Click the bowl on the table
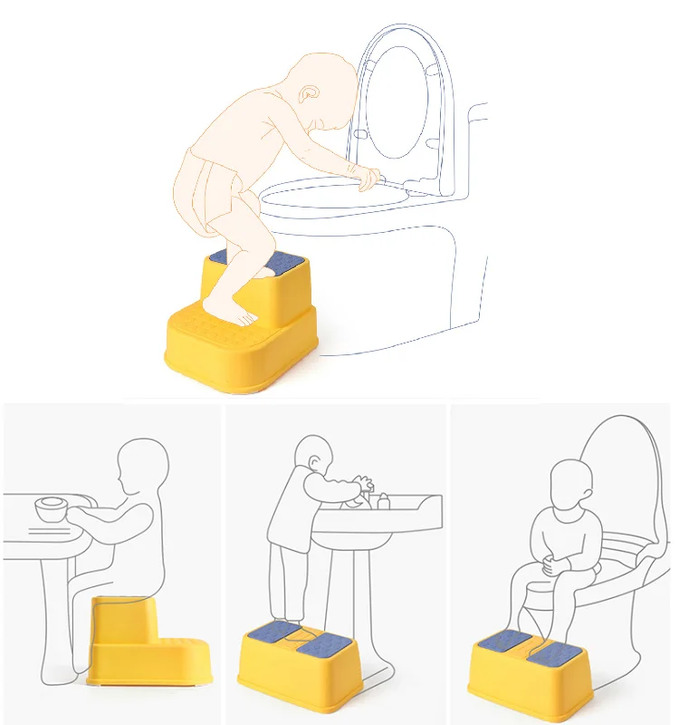(51, 510)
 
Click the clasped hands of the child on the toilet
(552, 567)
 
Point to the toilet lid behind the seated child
(625, 471)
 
